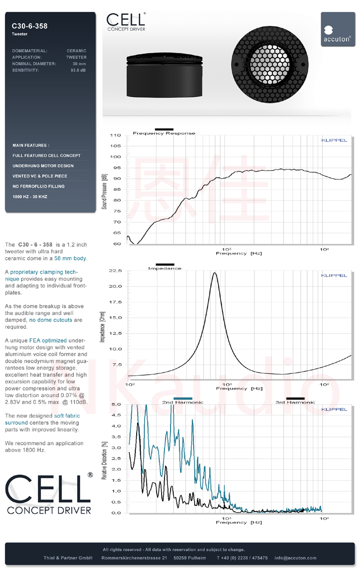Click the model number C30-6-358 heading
pos(29,26)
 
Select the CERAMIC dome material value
pos(77,51)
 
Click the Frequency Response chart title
pos(164,133)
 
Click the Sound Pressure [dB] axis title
pos(104,191)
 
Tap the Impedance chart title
pos(164,268)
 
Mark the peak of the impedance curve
pos(215,273)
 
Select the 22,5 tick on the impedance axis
pos(116,271)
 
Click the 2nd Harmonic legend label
pos(183,402)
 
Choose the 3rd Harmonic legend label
pos(295,402)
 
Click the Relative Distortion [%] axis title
pos(104,460)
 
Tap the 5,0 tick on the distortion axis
pos(116,404)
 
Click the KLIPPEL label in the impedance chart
pos(334,276)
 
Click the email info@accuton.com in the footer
pos(295,558)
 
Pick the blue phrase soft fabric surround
pos(43,419)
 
